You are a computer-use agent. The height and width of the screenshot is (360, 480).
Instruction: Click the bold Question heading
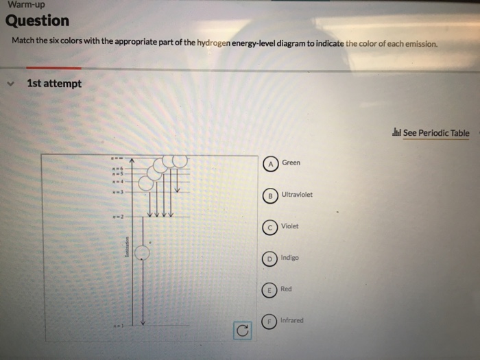click(x=38, y=21)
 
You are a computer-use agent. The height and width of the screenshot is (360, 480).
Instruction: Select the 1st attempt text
click(x=54, y=84)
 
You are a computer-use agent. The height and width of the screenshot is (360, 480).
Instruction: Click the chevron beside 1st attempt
click(x=10, y=84)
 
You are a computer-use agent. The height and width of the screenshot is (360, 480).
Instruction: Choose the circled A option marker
click(x=272, y=164)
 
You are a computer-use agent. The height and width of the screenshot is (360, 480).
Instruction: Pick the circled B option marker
click(x=272, y=195)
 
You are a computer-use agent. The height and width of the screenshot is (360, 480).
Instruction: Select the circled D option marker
click(x=272, y=259)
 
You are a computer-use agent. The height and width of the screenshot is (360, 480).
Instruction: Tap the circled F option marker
click(x=272, y=321)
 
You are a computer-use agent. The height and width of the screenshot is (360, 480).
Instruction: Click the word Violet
click(x=290, y=226)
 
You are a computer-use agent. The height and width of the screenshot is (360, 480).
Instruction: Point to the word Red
click(x=286, y=289)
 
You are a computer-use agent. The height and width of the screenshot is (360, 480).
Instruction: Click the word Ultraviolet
click(x=297, y=195)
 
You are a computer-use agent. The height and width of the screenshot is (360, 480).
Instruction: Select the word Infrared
click(x=292, y=320)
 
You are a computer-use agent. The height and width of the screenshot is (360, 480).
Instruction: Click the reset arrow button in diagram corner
click(x=241, y=331)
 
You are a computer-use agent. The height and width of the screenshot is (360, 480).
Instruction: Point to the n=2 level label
click(x=118, y=217)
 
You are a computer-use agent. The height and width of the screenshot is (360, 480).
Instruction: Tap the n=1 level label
click(x=118, y=326)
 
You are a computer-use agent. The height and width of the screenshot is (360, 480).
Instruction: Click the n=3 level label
click(x=118, y=193)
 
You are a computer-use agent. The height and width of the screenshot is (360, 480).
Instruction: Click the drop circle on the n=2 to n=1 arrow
click(x=141, y=253)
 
